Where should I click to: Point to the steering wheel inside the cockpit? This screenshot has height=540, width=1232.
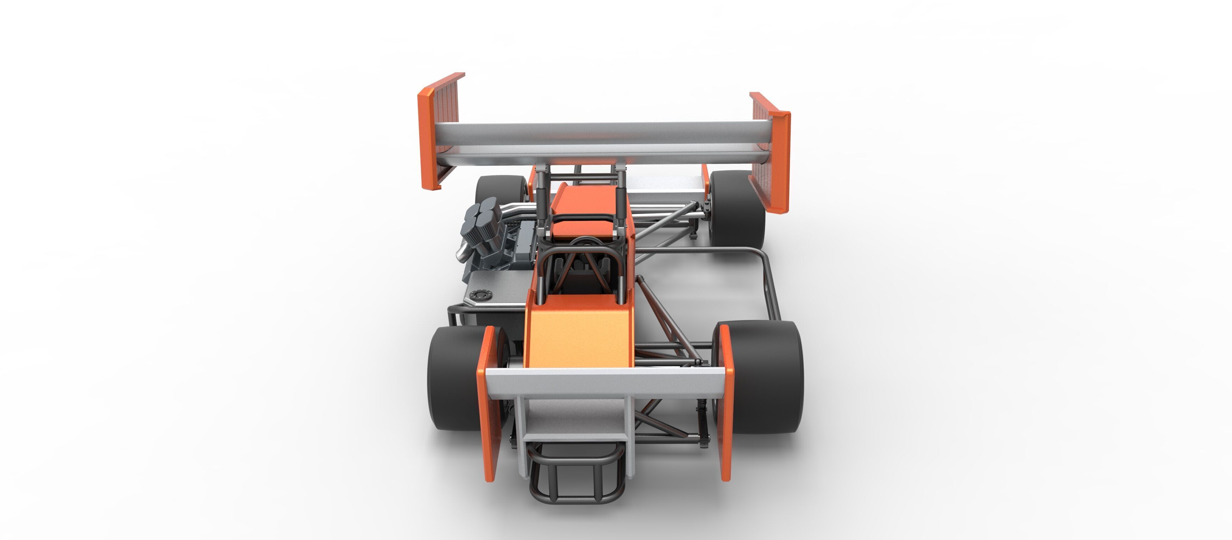[582, 241]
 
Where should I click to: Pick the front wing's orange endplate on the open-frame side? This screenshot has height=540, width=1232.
[726, 402]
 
